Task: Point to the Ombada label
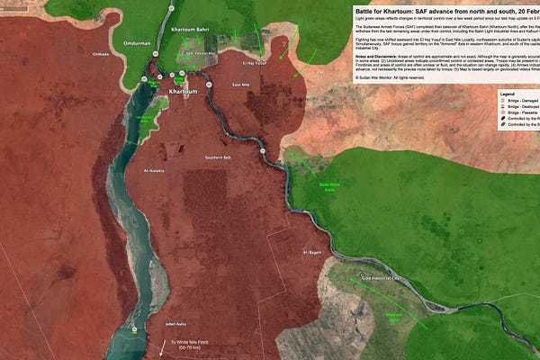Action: [x=100, y=54]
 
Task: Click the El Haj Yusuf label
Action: [x=255, y=64]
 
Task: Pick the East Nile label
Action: [x=240, y=85]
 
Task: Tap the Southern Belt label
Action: [x=218, y=158]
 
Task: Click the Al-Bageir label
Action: [x=312, y=252]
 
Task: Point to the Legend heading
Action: [x=507, y=94]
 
